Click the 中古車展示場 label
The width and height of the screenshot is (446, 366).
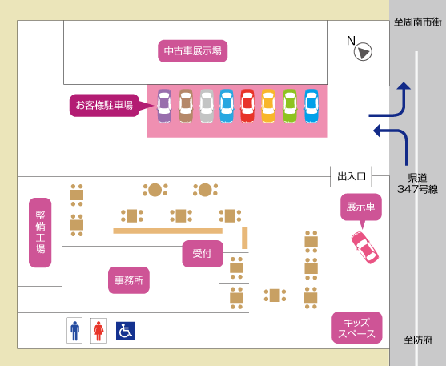(x=192, y=51)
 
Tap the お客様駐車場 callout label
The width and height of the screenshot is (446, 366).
(x=104, y=105)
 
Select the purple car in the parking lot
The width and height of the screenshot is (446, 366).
(x=164, y=107)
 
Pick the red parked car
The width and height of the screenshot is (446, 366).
(x=247, y=107)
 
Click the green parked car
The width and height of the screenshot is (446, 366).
(x=290, y=107)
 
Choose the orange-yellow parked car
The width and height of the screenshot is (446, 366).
(x=268, y=107)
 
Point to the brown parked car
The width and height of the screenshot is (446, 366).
(x=186, y=107)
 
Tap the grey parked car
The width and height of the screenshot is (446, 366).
(x=207, y=107)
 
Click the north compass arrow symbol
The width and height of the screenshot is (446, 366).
(x=363, y=52)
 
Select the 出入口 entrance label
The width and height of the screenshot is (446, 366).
(x=352, y=176)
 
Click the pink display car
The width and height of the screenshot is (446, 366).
(x=365, y=247)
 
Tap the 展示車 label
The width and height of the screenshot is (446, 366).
(x=360, y=207)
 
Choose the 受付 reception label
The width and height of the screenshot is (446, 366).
(x=203, y=254)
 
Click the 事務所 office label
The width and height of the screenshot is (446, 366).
(x=129, y=280)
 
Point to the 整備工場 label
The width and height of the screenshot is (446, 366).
(x=40, y=232)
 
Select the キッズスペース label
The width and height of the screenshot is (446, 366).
(x=357, y=328)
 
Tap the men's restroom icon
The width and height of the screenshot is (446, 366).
(x=74, y=331)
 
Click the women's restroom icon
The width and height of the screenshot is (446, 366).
(x=98, y=331)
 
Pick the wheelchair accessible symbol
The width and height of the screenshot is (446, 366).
(x=126, y=331)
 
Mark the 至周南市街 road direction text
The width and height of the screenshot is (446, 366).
(x=417, y=22)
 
